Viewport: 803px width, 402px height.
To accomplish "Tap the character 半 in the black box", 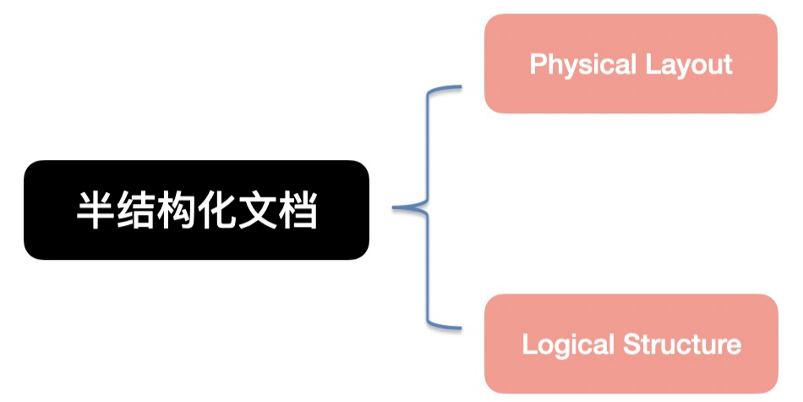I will click(96, 210).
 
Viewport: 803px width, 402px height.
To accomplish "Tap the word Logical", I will click(568, 344).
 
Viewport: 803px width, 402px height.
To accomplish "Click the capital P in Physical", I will click(537, 64).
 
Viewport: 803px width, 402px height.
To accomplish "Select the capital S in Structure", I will click(631, 344).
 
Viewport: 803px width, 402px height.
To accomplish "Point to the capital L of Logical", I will click(528, 344).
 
